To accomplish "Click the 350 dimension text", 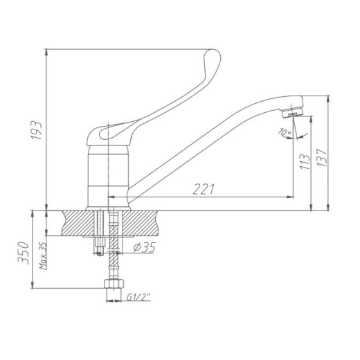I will click(x=23, y=253).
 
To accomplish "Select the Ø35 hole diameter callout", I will click(x=143, y=248).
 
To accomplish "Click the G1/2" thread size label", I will click(x=139, y=299).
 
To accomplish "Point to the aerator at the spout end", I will click(x=296, y=109).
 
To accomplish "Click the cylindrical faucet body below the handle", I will click(x=109, y=173).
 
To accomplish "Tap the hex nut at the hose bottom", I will click(x=109, y=284).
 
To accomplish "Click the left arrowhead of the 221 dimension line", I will click(x=111, y=198).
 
